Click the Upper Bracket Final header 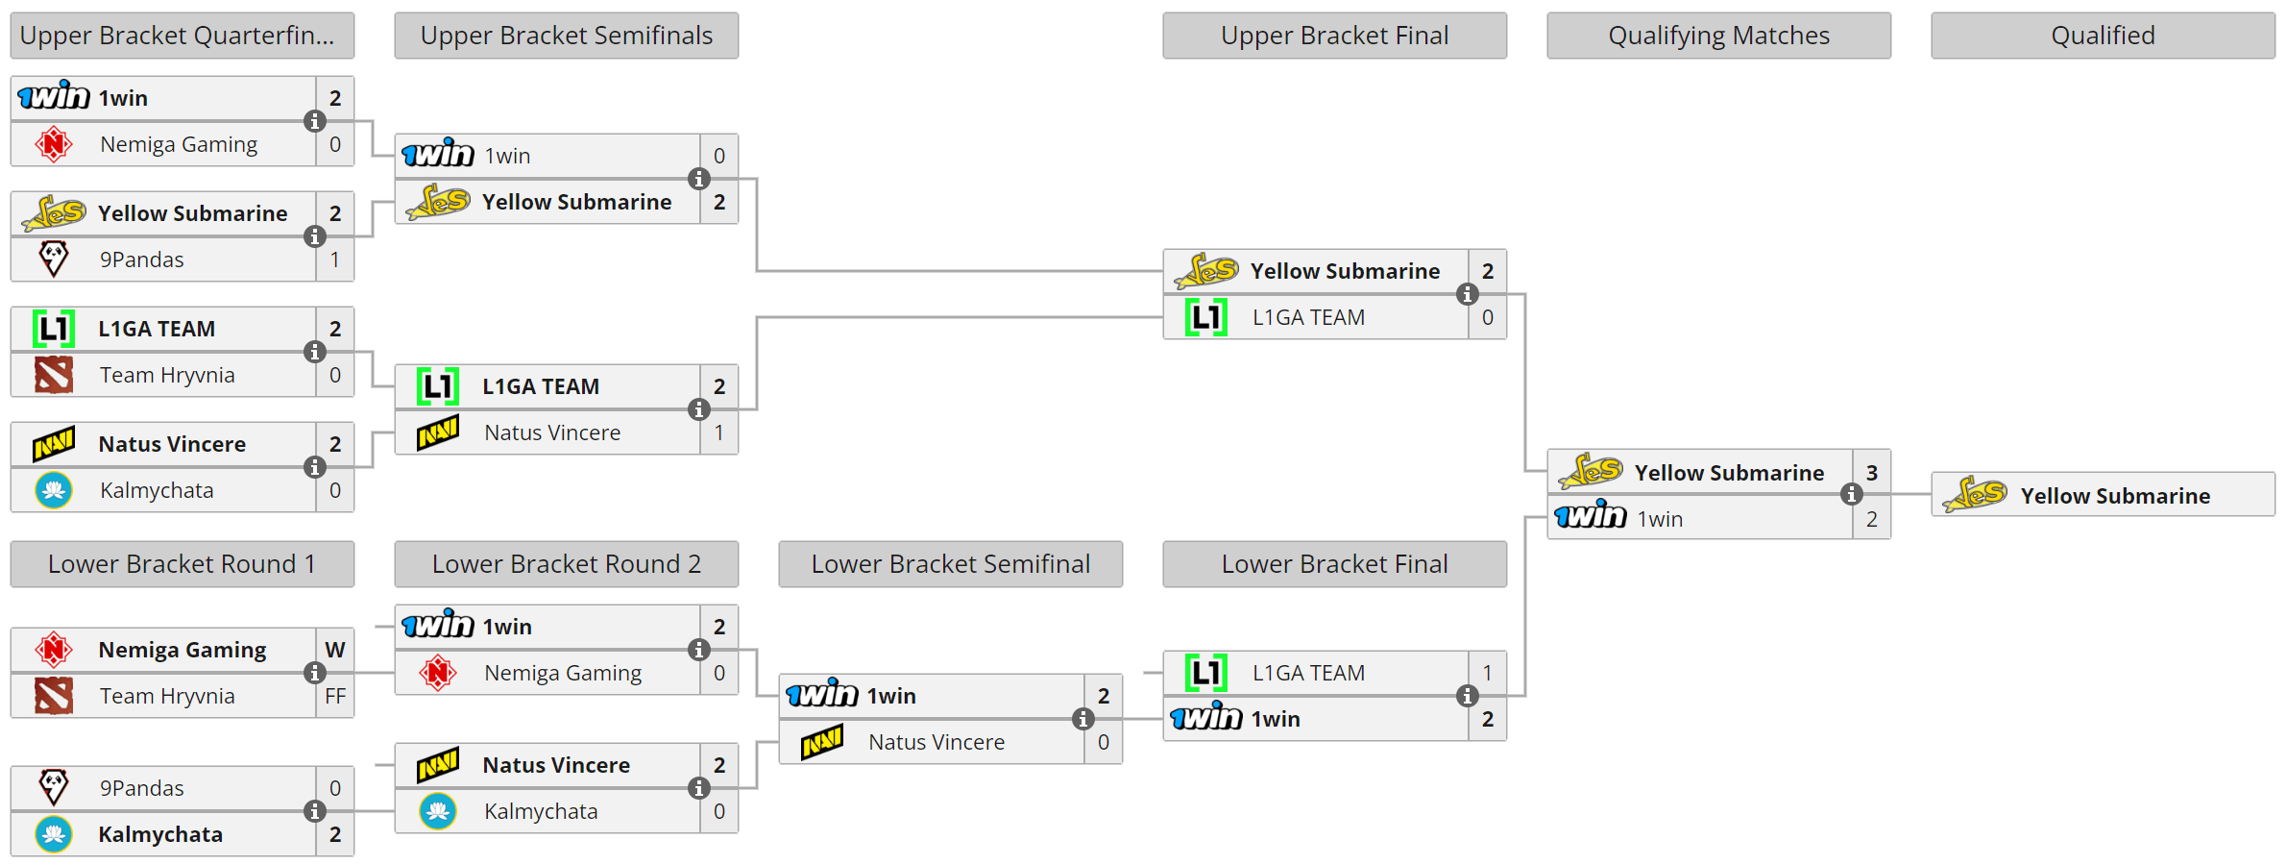pos(1334,36)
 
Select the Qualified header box pos(2103,36)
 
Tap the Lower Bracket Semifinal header pos(950,564)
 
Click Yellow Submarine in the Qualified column pos(2114,496)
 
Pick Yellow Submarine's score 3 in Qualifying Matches pos(1871,473)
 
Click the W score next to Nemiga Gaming pos(334,650)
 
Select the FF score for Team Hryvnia pos(334,696)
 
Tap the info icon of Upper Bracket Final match pos(1467,294)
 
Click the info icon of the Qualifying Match pos(1851,495)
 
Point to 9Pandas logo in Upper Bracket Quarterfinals pos(54,259)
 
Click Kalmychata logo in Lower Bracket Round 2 pos(438,811)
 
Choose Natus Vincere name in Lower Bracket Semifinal pos(936,742)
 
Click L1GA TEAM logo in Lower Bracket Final pos(1205,673)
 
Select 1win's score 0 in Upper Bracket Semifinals pos(718,156)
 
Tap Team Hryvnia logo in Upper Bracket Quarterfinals pos(54,375)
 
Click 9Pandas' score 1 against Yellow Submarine pos(334,259)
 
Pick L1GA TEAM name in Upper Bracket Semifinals pos(541,386)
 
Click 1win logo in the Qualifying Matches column pos(1591,517)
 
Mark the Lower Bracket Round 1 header pos(182,564)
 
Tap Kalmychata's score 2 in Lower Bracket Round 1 pos(334,834)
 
